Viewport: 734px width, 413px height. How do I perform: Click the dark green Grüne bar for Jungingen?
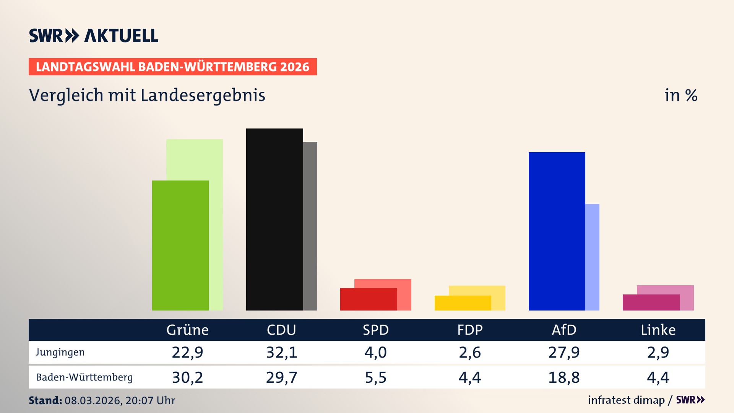pos(180,245)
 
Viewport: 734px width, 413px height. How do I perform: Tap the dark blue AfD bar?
pos(556,231)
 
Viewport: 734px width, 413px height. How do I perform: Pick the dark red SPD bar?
pos(368,299)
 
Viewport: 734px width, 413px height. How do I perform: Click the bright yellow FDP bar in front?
pos(462,303)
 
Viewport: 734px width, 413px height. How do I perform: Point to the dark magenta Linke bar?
pos(651,302)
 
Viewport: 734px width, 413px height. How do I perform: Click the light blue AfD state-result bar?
pos(592,257)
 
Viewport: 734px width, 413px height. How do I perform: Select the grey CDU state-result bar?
pos(310,226)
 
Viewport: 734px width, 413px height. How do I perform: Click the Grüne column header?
pos(187,330)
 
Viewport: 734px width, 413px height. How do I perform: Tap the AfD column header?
pos(563,330)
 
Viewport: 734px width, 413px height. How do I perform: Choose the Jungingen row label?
pos(60,352)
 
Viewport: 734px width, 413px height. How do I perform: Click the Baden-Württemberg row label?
pos(84,377)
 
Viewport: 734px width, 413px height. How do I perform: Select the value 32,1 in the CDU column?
pos(281,352)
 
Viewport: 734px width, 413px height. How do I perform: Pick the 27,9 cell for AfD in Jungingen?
pos(563,352)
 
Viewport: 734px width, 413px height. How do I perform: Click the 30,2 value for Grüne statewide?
pos(187,377)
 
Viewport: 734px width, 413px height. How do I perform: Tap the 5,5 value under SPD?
pos(375,377)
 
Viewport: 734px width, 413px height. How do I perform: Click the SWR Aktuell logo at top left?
pos(93,36)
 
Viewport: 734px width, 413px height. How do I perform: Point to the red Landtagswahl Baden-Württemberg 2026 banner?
pos(172,67)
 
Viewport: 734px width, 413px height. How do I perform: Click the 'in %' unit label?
pos(680,95)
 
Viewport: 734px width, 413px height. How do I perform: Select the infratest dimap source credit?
pos(626,400)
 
